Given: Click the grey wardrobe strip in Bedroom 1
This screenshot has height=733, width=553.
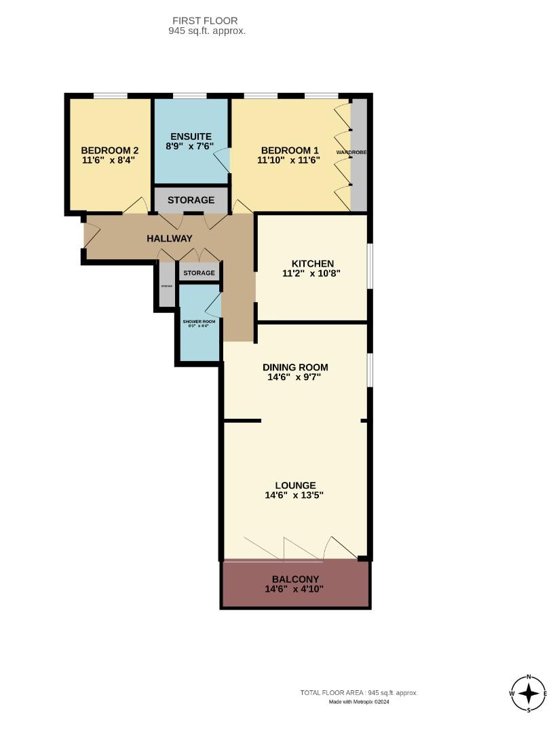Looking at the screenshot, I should tap(359, 154).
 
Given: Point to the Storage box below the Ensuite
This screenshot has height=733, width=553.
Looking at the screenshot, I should tap(191, 200).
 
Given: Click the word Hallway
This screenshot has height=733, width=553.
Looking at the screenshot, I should tap(170, 238).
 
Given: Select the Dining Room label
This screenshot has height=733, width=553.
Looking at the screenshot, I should tap(295, 367).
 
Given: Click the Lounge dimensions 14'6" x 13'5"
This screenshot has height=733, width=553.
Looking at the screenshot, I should tap(295, 495).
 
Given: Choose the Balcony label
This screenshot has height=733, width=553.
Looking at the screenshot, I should tap(295, 579).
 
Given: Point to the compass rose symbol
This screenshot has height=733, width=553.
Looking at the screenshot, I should tap(529, 694).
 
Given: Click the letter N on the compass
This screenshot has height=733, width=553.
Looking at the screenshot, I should tap(529, 677).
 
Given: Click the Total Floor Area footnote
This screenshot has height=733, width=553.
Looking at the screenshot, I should tap(359, 693).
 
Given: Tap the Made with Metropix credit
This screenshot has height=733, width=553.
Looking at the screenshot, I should tap(359, 702).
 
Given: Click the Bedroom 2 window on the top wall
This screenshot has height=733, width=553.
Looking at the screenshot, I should tap(110, 96).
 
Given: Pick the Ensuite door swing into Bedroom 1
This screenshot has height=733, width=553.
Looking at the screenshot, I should tap(223, 162).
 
